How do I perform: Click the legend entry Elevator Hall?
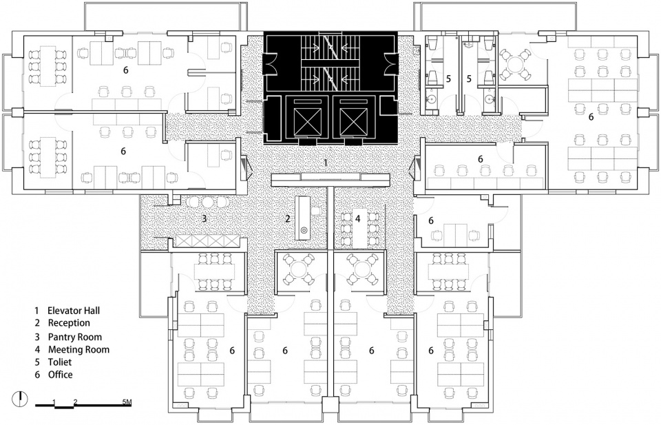coord(74,311)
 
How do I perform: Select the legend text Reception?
coord(69,323)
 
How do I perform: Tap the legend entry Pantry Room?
coord(74,337)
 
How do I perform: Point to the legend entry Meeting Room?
coord(78,349)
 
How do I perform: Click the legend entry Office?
coord(60,375)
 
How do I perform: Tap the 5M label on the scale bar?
coord(129,400)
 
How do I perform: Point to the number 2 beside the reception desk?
coord(288,219)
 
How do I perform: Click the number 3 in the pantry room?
coord(204,219)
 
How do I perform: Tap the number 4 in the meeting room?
coord(358,218)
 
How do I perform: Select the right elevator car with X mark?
coord(354,120)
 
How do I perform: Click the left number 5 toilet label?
coord(448,79)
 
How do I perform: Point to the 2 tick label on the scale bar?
coord(75,400)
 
